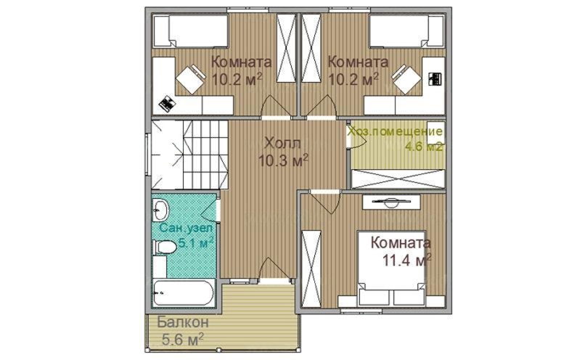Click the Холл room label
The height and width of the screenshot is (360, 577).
(x=282, y=143)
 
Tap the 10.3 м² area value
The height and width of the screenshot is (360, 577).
(x=283, y=160)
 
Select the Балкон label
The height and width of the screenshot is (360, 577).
(x=183, y=322)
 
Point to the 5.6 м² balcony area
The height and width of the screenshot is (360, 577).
(x=183, y=339)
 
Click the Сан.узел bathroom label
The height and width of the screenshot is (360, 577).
(x=186, y=228)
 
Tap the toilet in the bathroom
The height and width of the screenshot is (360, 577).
(x=165, y=247)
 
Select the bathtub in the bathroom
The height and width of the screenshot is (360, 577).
(x=183, y=292)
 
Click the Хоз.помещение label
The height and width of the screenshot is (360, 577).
(x=395, y=131)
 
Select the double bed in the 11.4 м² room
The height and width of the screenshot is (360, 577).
(x=391, y=268)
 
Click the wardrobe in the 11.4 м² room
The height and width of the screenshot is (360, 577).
(x=311, y=269)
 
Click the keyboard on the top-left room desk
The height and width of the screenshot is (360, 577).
(x=167, y=104)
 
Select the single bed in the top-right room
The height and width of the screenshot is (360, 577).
(x=406, y=31)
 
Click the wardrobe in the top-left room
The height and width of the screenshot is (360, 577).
(x=286, y=48)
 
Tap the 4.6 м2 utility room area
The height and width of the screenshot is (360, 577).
(x=424, y=147)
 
